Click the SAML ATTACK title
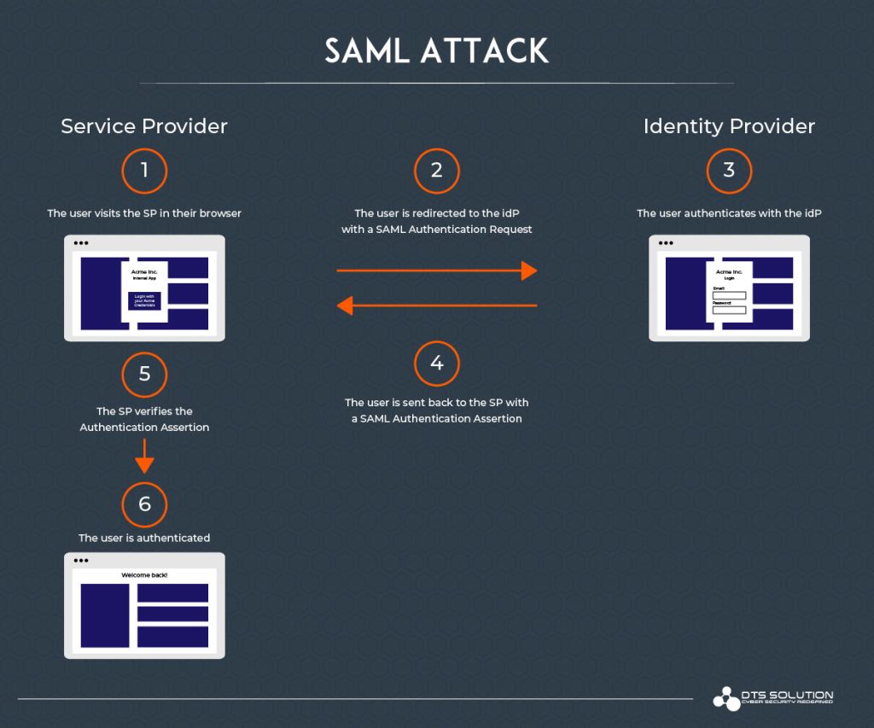pyautogui.click(x=436, y=51)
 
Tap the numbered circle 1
pyautogui.click(x=144, y=171)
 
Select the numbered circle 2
pyautogui.click(x=436, y=171)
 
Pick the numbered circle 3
pyautogui.click(x=729, y=171)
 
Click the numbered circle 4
pyautogui.click(x=436, y=364)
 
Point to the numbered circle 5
pyautogui.click(x=144, y=374)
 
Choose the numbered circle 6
pyautogui.click(x=144, y=504)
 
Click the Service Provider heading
pyautogui.click(x=144, y=126)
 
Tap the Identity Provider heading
pyautogui.click(x=729, y=126)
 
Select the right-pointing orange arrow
pyautogui.click(x=436, y=271)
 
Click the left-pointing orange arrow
pyautogui.click(x=436, y=305)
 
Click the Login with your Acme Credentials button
pyautogui.click(x=144, y=301)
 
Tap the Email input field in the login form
pyautogui.click(x=729, y=295)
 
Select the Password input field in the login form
pyautogui.click(x=729, y=309)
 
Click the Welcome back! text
pyautogui.click(x=144, y=575)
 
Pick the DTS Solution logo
pyautogui.click(x=772, y=697)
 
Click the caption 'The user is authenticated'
pyautogui.click(x=144, y=538)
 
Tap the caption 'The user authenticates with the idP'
pyautogui.click(x=729, y=213)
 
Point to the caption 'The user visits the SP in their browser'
pyautogui.click(x=144, y=213)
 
